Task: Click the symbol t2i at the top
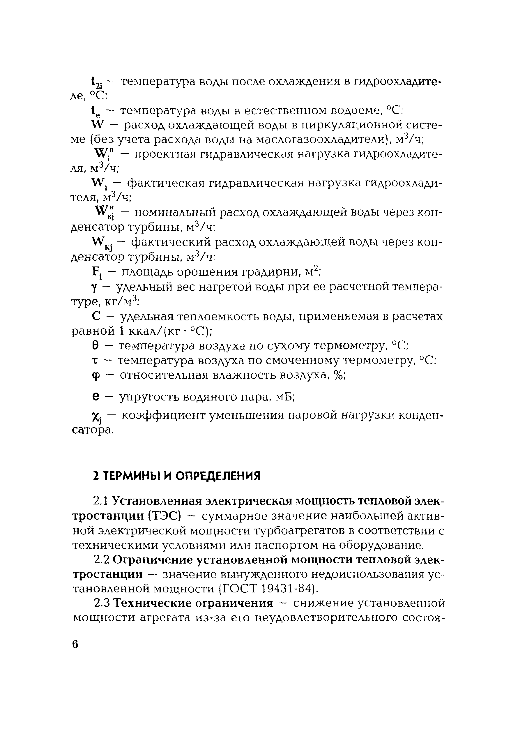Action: coord(96,83)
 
